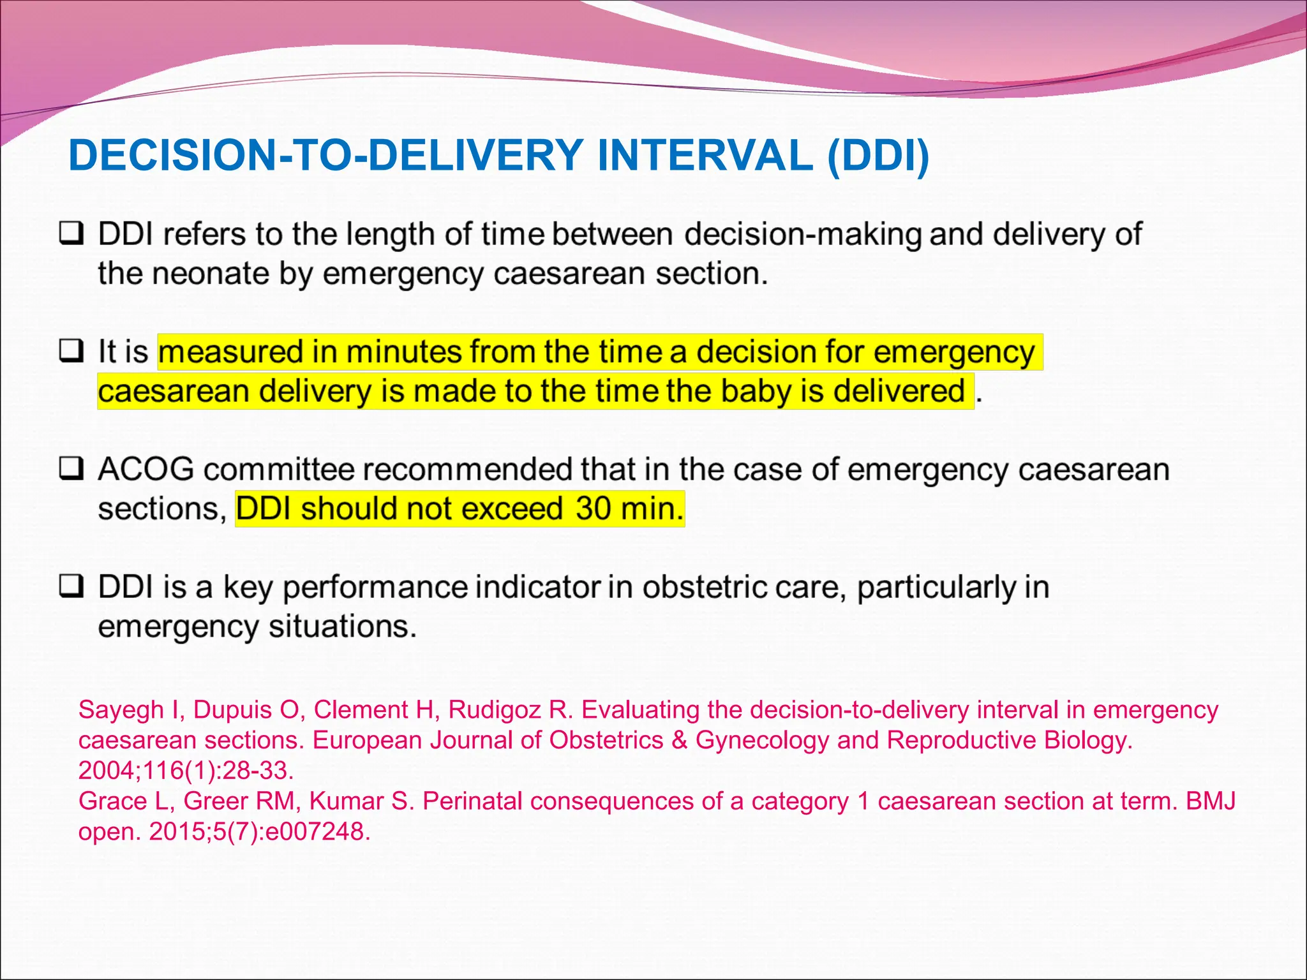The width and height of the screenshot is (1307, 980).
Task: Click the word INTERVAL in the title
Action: (705, 156)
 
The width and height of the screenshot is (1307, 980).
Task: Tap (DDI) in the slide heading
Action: (878, 156)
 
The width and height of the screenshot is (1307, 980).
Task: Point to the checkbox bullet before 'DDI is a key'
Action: (71, 586)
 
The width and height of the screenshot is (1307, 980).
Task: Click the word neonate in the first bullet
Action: (210, 274)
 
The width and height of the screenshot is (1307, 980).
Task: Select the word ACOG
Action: (146, 470)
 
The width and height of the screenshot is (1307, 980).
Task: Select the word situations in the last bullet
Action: (342, 627)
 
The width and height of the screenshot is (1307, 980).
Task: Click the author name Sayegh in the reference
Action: (121, 710)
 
